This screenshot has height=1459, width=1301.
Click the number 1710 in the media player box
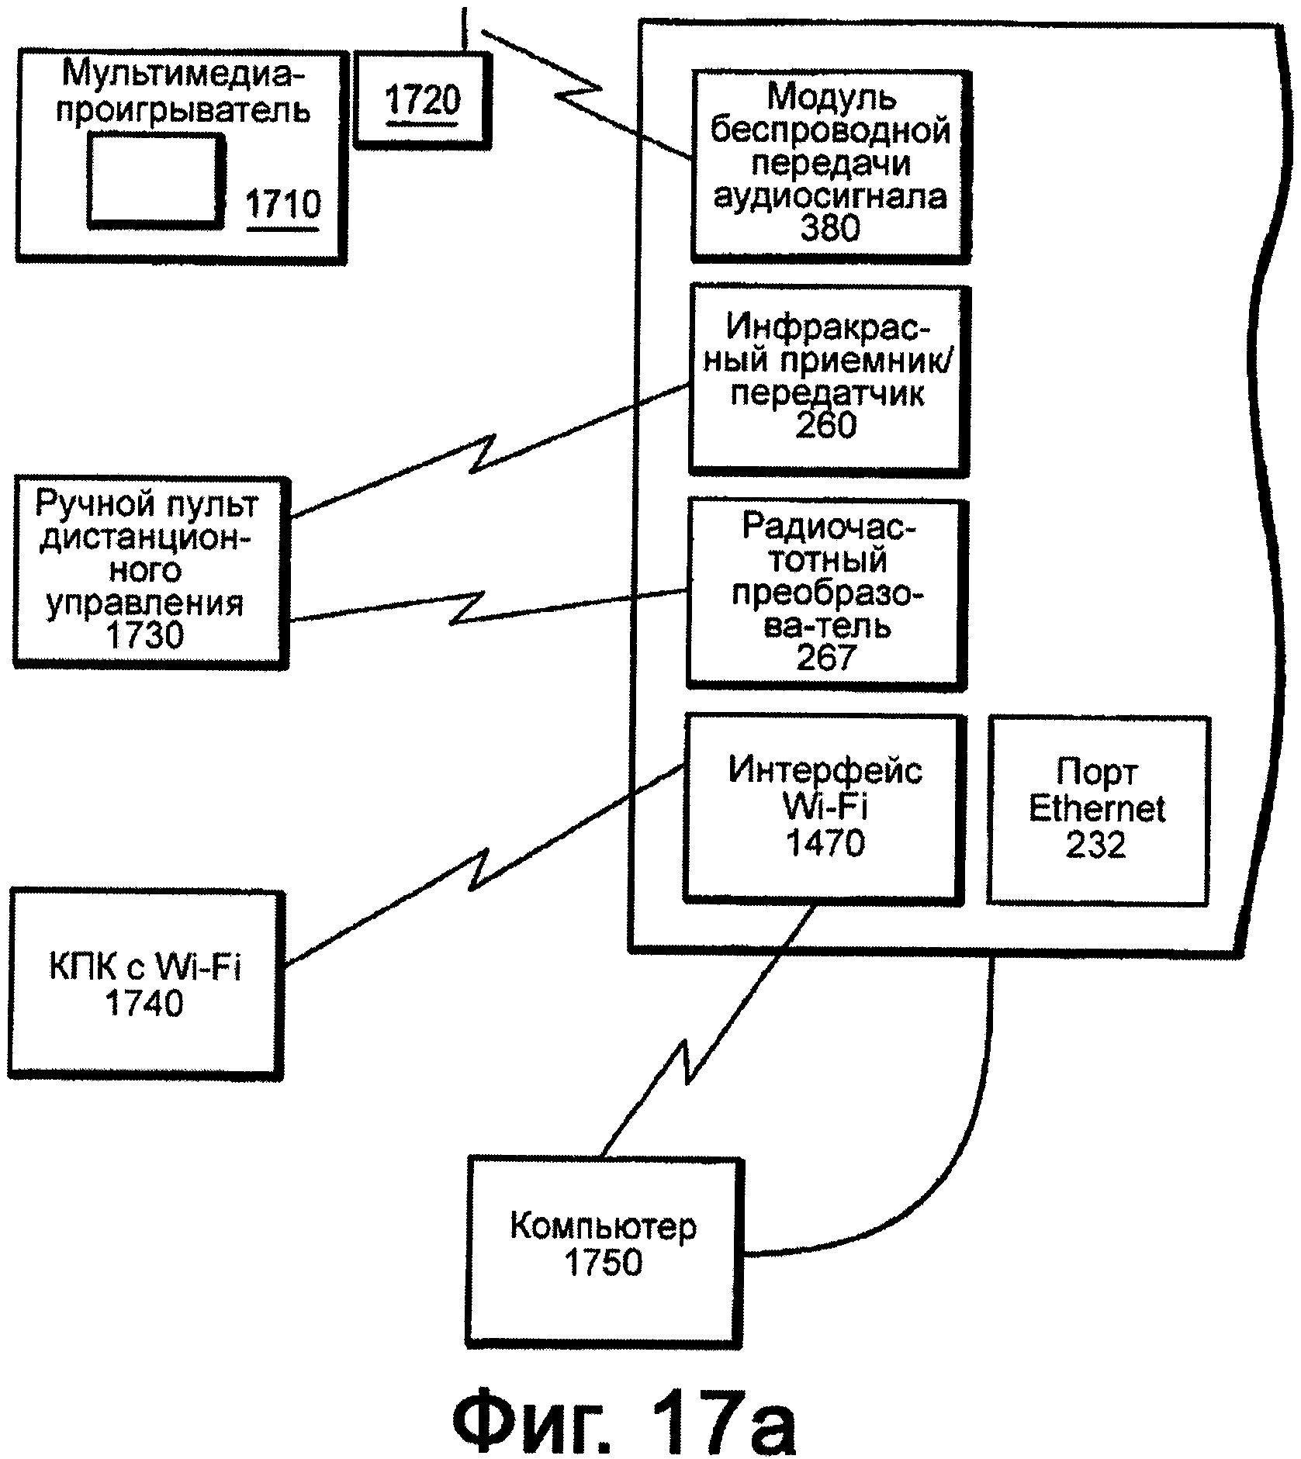(x=282, y=205)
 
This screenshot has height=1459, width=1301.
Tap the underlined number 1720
(x=423, y=100)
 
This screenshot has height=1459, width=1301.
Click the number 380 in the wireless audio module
(x=829, y=229)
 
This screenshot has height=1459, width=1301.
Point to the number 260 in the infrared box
(x=826, y=426)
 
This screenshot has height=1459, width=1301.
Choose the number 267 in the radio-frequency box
(x=825, y=658)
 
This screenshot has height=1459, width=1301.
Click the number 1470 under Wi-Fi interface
(x=825, y=843)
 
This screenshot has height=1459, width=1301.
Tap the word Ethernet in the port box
(x=1097, y=809)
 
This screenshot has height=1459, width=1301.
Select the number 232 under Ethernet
(x=1095, y=845)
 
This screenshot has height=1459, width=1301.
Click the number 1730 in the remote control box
(x=145, y=636)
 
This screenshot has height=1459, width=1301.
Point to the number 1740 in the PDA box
(x=144, y=1004)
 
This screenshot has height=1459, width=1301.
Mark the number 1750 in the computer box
(x=604, y=1263)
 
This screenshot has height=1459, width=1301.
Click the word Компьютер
(x=603, y=1227)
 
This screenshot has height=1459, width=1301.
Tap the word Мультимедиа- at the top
(x=185, y=74)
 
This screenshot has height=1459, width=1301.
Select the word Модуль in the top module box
(x=832, y=96)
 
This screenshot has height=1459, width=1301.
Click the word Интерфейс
(x=825, y=771)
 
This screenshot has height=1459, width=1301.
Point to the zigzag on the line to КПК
(x=479, y=869)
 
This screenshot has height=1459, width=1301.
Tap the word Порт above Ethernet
(x=1097, y=773)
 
